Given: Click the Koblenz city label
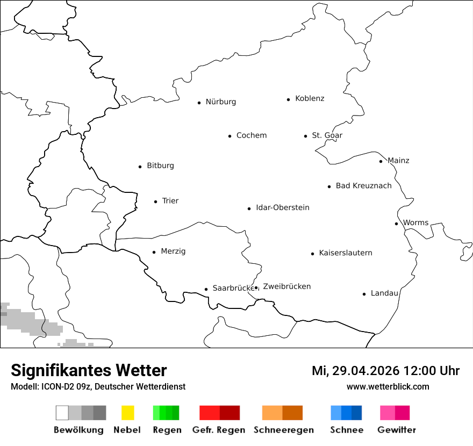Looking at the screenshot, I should click(x=310, y=99).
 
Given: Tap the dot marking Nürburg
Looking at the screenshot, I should click(x=199, y=103).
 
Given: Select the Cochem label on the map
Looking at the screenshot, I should click(x=251, y=135).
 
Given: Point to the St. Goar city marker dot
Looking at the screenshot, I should click(x=305, y=136).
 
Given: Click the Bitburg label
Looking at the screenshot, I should click(x=160, y=166).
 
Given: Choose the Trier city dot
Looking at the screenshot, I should click(x=155, y=202).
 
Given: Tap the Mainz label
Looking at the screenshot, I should click(x=398, y=161).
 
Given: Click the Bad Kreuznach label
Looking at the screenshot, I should click(x=363, y=186).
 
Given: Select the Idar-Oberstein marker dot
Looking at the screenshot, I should click(x=249, y=208).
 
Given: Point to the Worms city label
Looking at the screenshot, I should click(x=415, y=223).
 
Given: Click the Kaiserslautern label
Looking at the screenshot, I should click(x=345, y=253).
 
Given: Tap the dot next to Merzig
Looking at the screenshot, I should click(x=154, y=252).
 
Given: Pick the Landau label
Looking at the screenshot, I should click(x=384, y=293).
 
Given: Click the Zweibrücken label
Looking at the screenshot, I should click(x=286, y=287).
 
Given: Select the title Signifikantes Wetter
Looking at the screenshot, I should click(x=89, y=370).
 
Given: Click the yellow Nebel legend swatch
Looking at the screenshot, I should click(x=127, y=413).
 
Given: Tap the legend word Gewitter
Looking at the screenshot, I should click(x=397, y=430).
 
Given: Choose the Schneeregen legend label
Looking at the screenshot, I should click(x=284, y=430).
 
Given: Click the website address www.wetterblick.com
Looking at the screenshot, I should click(x=388, y=386).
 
